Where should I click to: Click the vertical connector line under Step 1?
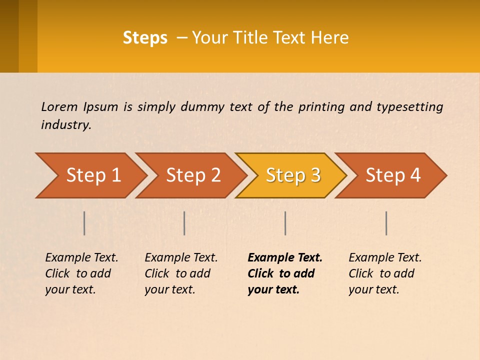click(84, 223)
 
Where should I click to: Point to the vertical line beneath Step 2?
click(184, 223)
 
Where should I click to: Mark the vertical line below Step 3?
click(285, 223)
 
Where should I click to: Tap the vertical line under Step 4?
click(386, 223)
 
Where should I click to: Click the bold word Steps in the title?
click(145, 38)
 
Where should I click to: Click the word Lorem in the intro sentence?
click(58, 107)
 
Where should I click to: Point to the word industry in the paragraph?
click(65, 125)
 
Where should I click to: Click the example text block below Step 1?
click(81, 273)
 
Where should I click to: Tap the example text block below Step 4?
click(384, 273)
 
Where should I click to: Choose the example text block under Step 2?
click(180, 273)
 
